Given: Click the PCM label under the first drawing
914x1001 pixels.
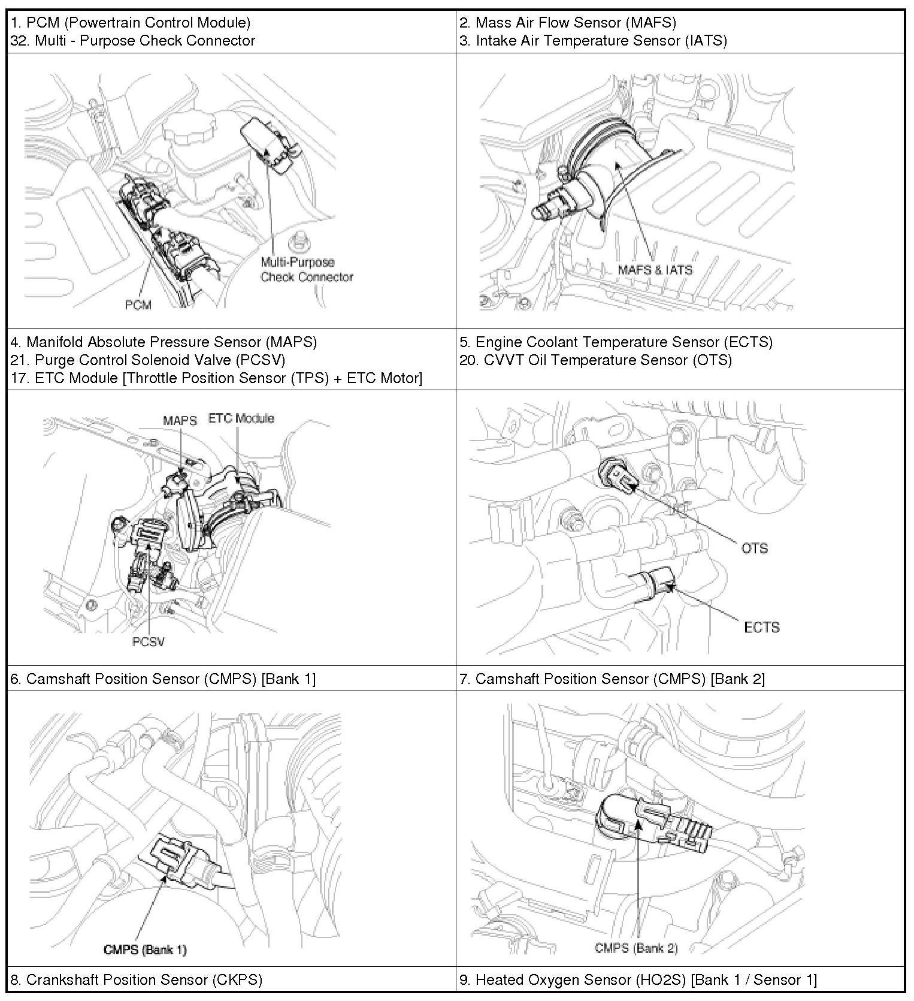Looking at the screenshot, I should (138, 305).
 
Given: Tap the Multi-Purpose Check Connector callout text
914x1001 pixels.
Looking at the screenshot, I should (306, 270).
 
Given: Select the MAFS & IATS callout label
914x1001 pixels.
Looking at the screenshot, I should (655, 270).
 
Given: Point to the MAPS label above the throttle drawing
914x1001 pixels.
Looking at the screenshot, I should (180, 420).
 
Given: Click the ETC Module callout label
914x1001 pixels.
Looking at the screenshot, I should (241, 418).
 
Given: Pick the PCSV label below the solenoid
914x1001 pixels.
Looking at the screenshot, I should (148, 642).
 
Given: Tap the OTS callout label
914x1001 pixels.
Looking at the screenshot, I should (754, 548).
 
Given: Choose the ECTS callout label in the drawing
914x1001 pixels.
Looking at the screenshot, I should (761, 628).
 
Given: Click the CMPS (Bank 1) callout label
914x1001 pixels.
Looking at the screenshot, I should (145, 949).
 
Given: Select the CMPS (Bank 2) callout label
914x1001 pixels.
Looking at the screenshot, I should (636, 948).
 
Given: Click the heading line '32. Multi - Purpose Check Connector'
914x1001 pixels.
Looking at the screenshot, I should (133, 41).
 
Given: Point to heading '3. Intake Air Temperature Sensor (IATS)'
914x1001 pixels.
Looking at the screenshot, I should (593, 41).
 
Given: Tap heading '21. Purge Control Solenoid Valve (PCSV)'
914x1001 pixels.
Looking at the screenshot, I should (148, 360).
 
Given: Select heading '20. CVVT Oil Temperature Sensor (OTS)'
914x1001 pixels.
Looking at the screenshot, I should (595, 360).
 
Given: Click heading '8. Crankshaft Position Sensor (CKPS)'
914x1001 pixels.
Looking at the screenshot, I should (137, 979).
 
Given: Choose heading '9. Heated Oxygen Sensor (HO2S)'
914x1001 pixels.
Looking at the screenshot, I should (638, 979).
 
